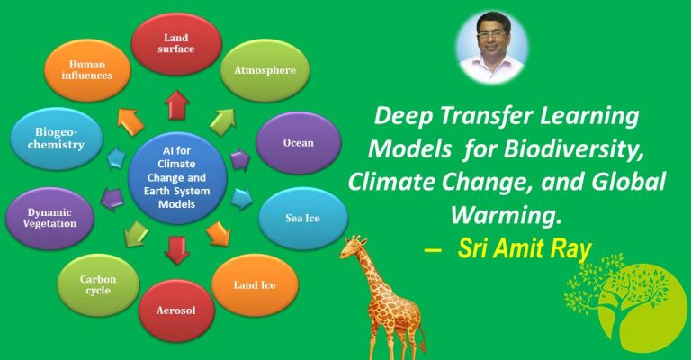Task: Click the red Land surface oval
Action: tap(176, 39)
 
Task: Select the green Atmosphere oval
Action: tap(265, 69)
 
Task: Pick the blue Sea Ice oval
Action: tap(301, 217)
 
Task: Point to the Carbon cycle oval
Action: tap(97, 285)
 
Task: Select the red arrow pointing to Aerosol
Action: tap(177, 249)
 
